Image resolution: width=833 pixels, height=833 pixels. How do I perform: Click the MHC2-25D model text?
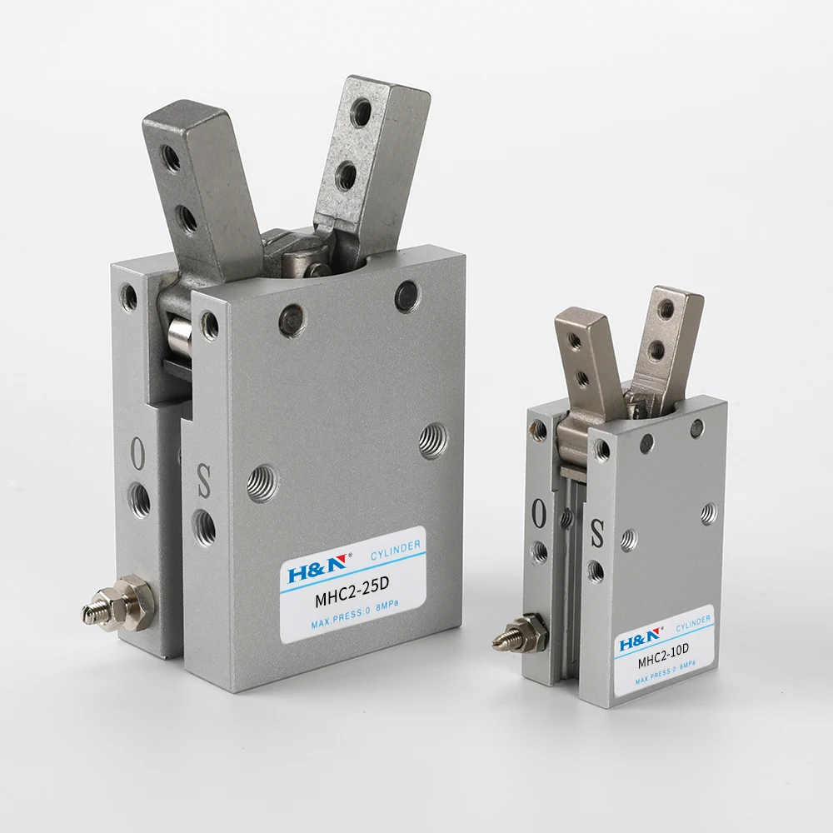point(350,597)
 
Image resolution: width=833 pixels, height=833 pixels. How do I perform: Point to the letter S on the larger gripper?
point(202,481)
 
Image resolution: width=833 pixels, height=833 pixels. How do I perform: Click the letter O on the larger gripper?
point(137,456)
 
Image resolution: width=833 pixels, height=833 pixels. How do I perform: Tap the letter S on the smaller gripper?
point(596,533)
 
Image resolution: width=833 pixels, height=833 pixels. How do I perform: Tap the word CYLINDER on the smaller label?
point(693,621)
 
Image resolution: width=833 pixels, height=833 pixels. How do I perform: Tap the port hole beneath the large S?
point(204,526)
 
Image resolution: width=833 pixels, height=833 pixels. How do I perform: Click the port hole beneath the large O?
point(139,500)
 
